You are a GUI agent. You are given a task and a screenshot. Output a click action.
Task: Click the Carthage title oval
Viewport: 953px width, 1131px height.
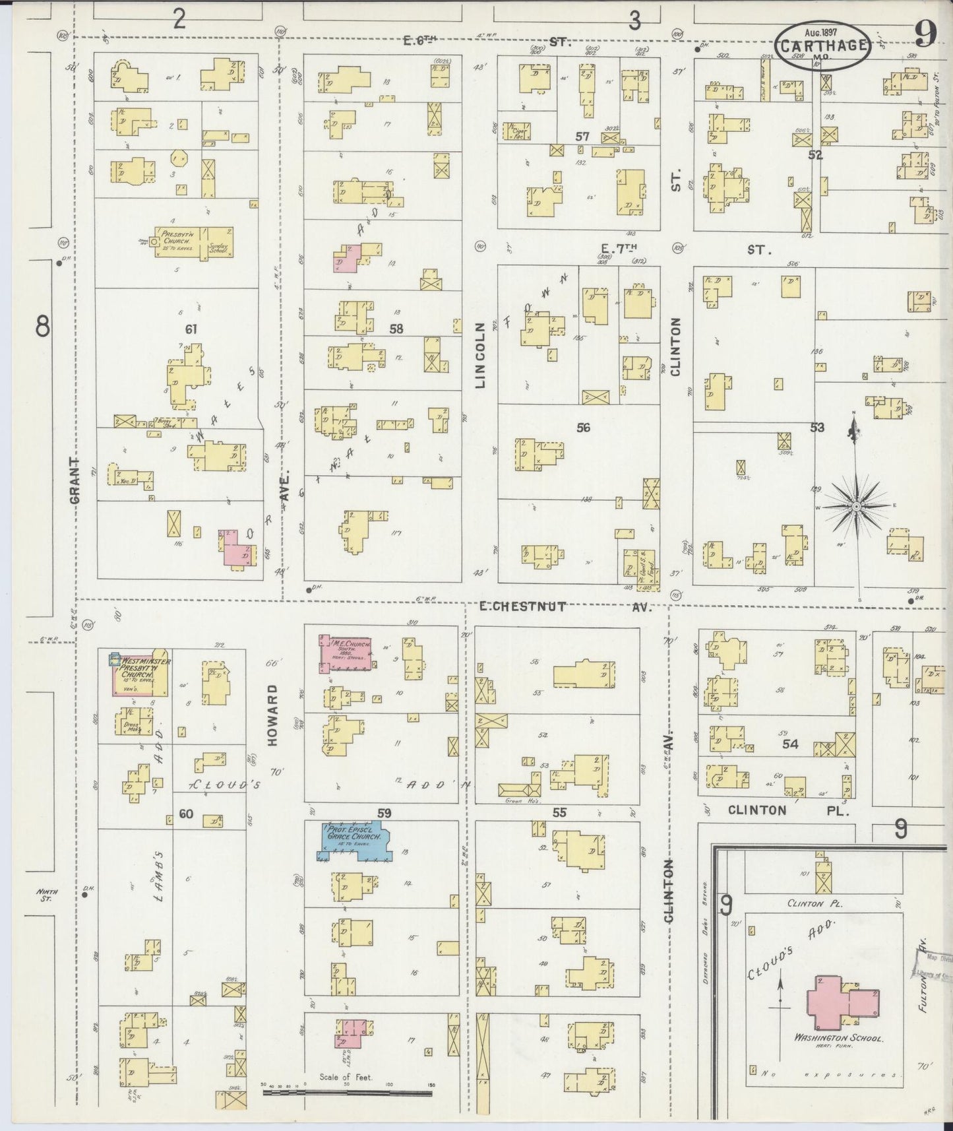click(x=821, y=46)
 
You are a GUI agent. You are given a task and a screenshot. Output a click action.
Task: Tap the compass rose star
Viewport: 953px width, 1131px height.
click(x=855, y=507)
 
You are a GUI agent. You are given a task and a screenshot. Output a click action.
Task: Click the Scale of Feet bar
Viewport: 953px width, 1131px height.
click(x=347, y=1093)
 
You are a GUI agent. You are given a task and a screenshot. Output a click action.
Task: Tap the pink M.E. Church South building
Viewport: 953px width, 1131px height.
click(x=345, y=654)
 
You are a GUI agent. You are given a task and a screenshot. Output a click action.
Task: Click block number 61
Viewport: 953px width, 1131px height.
click(x=191, y=328)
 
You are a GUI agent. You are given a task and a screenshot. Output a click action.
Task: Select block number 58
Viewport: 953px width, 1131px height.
click(x=396, y=328)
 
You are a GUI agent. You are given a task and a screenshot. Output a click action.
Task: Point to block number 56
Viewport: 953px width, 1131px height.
click(x=582, y=428)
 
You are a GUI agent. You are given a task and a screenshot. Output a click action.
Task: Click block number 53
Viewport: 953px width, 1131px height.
click(x=817, y=428)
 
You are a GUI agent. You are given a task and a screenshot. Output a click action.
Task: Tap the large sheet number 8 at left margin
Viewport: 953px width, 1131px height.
click(x=43, y=327)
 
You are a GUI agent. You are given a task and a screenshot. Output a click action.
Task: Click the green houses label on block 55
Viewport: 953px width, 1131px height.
click(x=518, y=801)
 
